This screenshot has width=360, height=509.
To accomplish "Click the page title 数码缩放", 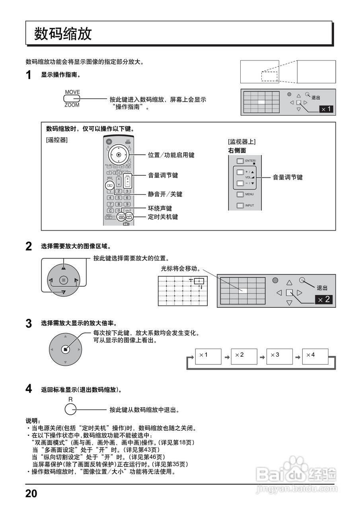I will (x=63, y=33).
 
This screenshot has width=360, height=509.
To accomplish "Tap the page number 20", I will (x=31, y=493).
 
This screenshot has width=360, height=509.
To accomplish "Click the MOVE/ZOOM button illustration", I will (x=72, y=99).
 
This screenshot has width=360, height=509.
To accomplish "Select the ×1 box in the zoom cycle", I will (x=208, y=357).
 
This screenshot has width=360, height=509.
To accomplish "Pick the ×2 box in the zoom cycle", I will (x=244, y=357).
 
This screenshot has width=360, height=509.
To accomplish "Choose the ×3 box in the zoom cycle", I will (x=279, y=357).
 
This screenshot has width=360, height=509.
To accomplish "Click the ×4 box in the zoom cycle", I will (x=315, y=357).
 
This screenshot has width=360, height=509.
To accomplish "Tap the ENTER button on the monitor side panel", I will (x=239, y=161).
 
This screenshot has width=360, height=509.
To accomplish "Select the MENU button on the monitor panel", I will (x=239, y=194).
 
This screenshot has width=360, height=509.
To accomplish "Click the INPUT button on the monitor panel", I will (x=239, y=206).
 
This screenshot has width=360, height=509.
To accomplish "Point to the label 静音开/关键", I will (x=165, y=194).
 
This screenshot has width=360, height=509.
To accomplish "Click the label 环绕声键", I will (x=160, y=208).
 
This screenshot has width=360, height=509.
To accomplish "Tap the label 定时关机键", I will (x=163, y=217).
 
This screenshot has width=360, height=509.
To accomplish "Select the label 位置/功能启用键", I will (x=171, y=155).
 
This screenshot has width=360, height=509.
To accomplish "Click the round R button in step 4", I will (x=70, y=410).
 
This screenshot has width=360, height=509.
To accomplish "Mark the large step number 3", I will (x=29, y=324).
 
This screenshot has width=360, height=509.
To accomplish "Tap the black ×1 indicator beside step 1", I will (x=326, y=109).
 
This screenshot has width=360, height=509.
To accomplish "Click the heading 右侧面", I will (x=237, y=150).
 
